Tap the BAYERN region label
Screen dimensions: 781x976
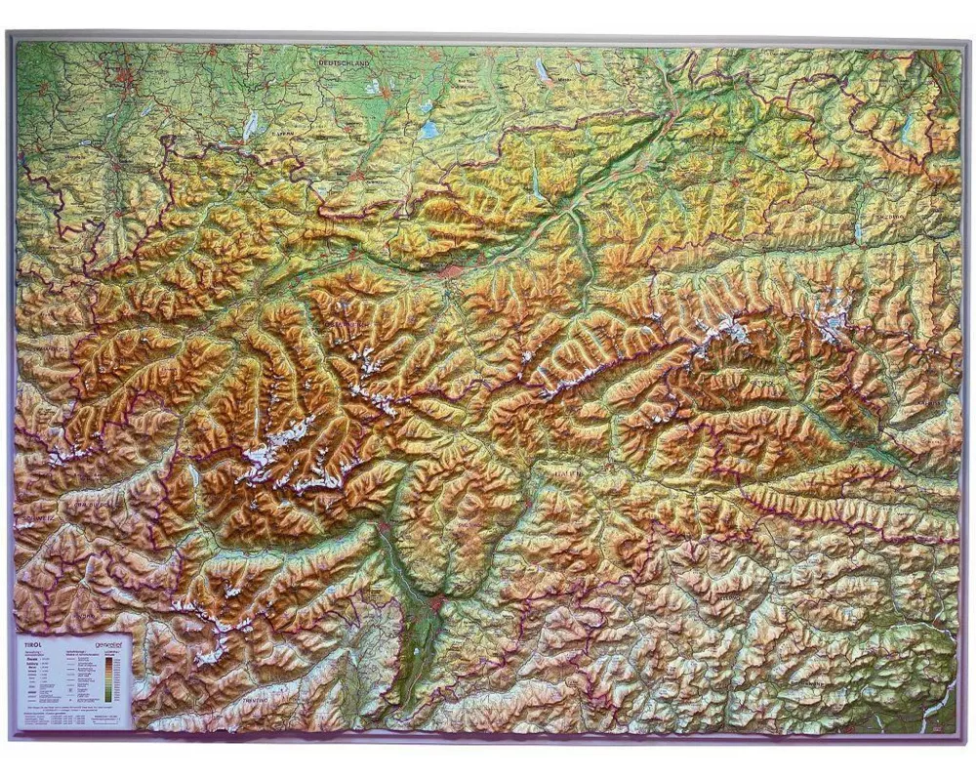(283, 127)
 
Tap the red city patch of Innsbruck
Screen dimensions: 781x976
(451, 267)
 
